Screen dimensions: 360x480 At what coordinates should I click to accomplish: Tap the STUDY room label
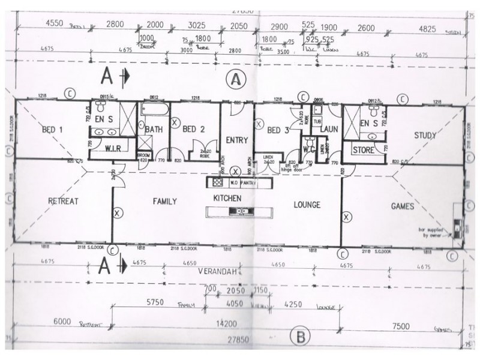425,136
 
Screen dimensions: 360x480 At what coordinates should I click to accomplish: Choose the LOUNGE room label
307,205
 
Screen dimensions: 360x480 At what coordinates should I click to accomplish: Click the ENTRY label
238,140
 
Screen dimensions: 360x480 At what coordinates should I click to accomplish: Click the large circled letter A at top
236,79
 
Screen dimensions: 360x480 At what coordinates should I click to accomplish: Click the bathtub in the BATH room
155,110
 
